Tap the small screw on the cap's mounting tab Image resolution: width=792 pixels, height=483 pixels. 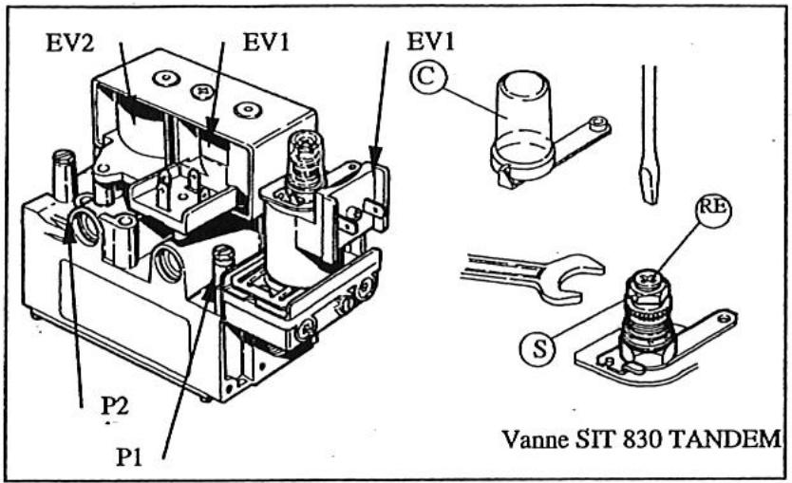(x=596, y=123)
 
